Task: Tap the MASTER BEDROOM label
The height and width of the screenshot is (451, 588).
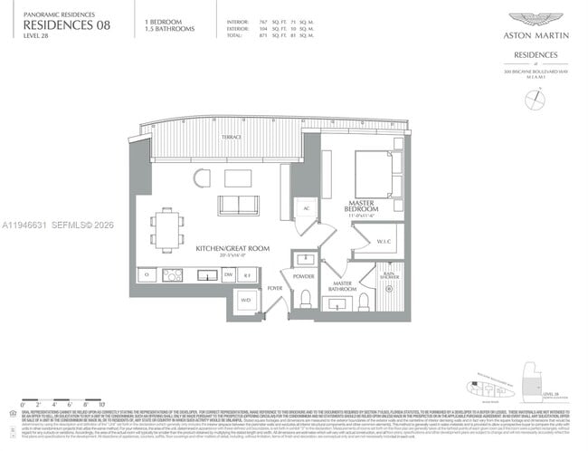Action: [x=349, y=206]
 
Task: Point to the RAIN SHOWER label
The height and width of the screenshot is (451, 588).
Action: [x=392, y=277]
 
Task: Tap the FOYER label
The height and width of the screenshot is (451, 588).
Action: [x=275, y=289]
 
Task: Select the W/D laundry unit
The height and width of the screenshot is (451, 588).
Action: [x=246, y=302]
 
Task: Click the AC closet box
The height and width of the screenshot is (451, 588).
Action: [x=306, y=207]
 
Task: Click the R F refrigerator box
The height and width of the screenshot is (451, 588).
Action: [x=250, y=274]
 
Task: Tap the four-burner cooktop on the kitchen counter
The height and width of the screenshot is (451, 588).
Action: [x=173, y=274]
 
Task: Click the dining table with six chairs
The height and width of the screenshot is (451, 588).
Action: [x=166, y=229]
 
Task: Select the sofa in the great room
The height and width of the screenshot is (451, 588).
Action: [x=237, y=206]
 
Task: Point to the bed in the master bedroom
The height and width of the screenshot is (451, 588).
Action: [x=372, y=172]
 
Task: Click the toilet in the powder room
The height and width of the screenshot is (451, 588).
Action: [x=306, y=298]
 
